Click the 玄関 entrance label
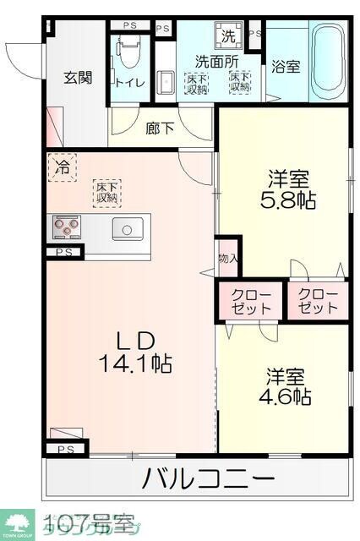[78, 77]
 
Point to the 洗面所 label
[217, 61]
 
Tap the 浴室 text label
[286, 67]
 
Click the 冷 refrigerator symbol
[63, 167]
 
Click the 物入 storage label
[227, 257]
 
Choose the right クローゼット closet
[318, 301]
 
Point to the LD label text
[135, 341]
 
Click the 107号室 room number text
[89, 518]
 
